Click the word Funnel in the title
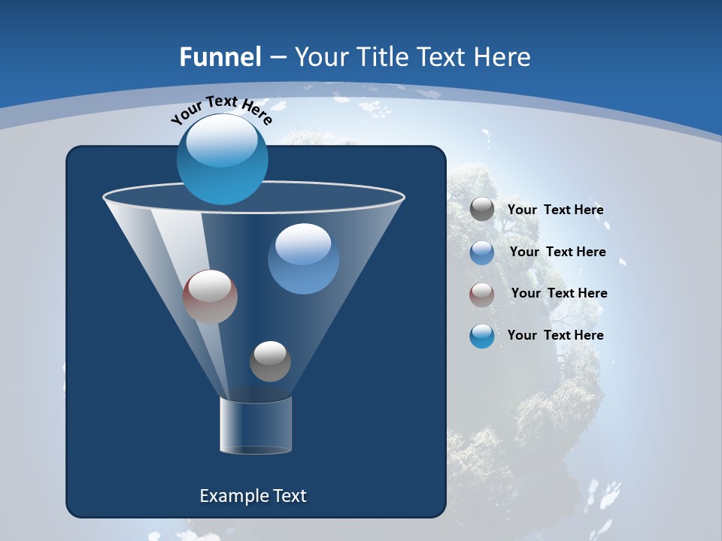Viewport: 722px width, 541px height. (220, 57)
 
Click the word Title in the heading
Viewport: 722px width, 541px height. (382, 57)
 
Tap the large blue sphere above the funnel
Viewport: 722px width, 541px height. (223, 159)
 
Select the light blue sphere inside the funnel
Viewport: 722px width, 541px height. (303, 258)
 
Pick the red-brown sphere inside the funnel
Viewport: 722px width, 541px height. (210, 297)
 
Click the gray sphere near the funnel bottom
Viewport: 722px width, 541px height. (270, 361)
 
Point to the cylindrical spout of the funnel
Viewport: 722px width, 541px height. (256, 425)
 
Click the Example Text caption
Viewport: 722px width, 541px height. (253, 496)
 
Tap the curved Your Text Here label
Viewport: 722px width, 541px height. (221, 109)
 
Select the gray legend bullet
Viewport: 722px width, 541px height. (482, 210)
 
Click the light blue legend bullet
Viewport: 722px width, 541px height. (482, 252)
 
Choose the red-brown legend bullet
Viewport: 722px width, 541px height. (482, 295)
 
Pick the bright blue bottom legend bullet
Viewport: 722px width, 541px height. (482, 336)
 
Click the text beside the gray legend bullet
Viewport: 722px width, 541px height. (555, 210)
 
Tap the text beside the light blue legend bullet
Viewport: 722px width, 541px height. (557, 252)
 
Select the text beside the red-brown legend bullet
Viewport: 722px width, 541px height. (559, 294)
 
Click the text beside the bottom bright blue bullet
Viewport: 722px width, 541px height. (555, 336)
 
